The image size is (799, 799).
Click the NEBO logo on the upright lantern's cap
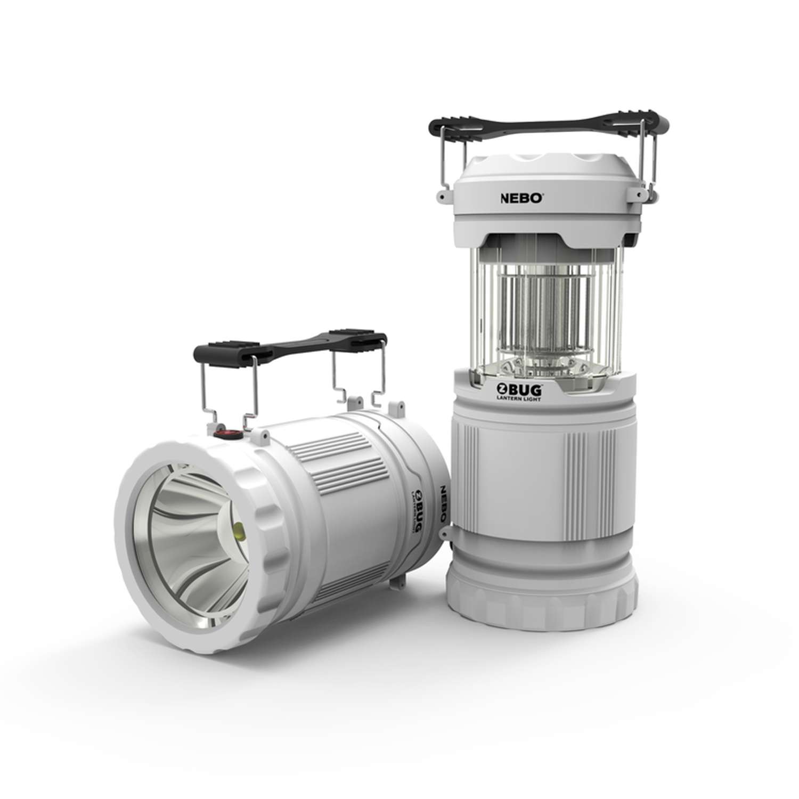pos(521,197)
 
